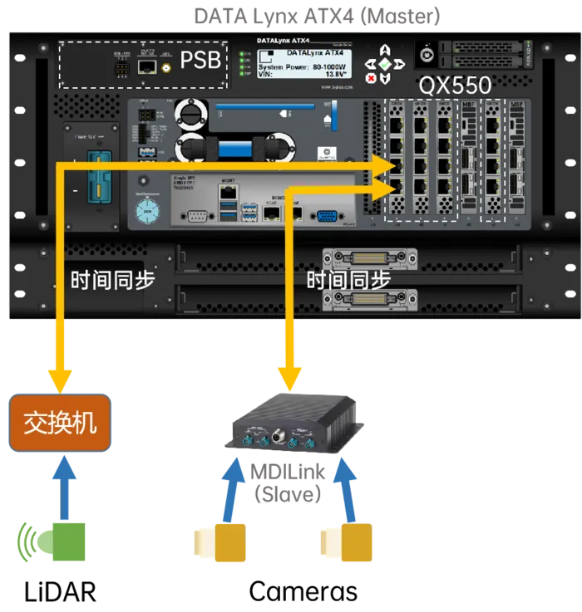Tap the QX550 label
point(455,85)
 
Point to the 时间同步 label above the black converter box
point(348,280)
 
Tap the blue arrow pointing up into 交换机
point(63,486)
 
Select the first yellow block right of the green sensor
point(230,542)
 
